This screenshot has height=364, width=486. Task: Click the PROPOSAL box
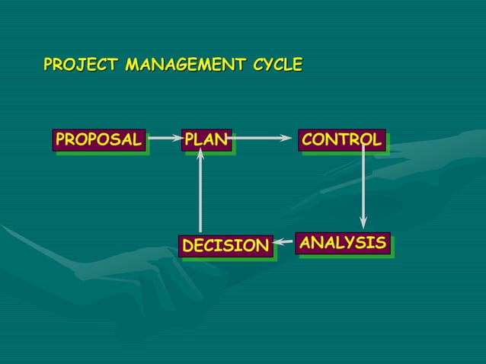point(98,140)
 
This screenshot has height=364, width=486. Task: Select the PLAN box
point(206,140)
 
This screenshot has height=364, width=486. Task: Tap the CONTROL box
point(341,140)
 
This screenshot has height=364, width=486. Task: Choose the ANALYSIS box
point(342,244)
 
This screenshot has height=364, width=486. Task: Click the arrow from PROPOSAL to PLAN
point(163,139)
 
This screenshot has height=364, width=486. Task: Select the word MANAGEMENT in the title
point(185,65)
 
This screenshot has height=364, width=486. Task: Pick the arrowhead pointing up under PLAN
point(200,154)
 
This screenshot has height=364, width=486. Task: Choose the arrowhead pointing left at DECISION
point(280,244)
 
